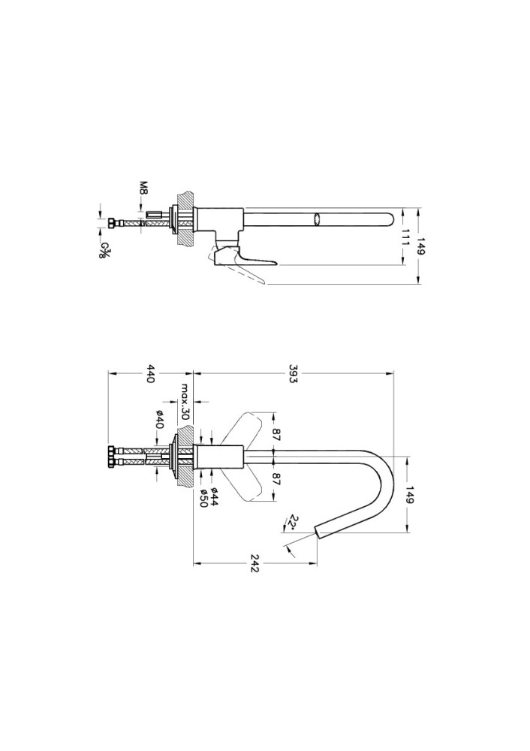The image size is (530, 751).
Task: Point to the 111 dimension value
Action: [405, 237]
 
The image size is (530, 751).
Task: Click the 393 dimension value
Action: [293, 373]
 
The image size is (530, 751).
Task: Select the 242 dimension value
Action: [254, 563]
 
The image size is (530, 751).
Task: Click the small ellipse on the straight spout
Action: [316, 220]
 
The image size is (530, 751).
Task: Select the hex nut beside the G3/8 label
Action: [112, 223]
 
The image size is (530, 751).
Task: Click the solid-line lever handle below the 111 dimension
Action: [242, 256]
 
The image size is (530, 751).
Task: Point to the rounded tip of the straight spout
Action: [390, 220]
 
